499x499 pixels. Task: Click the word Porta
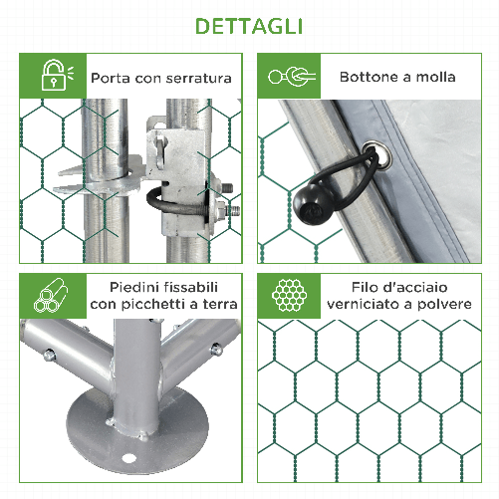(x=111, y=77)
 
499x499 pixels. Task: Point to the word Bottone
(x=370, y=77)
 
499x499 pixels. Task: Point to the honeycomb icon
(x=290, y=295)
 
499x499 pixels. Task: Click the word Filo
(x=369, y=285)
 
